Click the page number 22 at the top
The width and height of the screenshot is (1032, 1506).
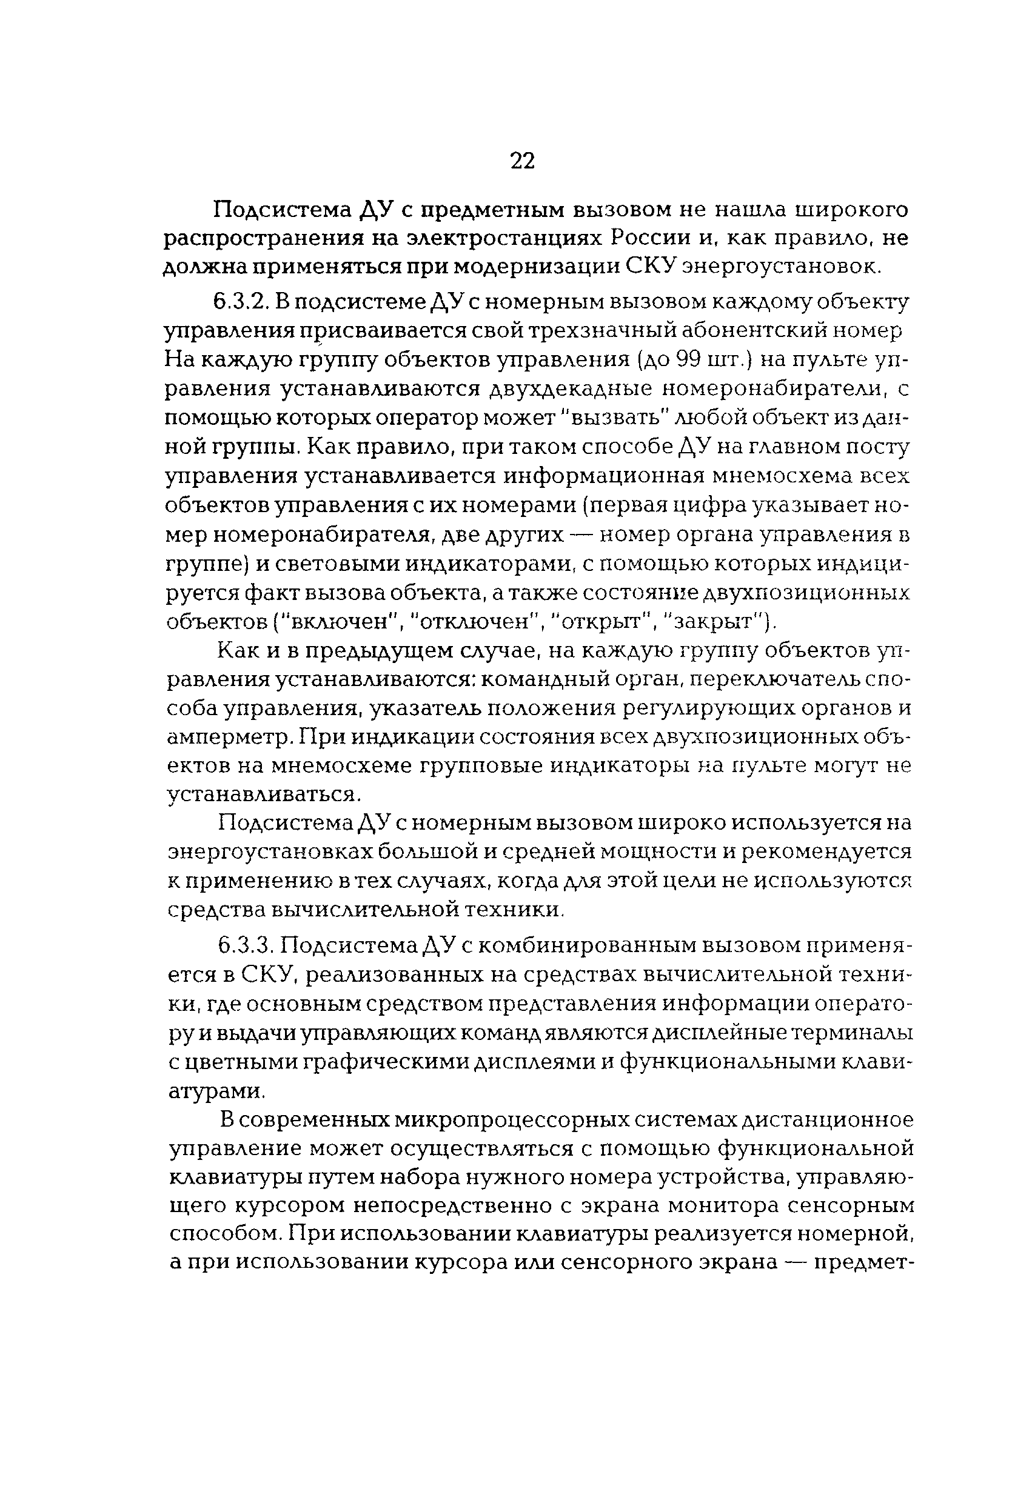coord(522,160)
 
